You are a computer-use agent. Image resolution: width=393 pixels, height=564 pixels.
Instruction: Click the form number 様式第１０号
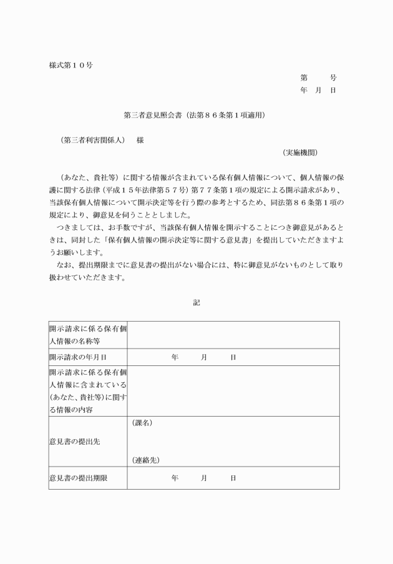coord(71,65)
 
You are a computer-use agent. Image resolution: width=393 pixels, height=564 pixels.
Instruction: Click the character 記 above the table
coord(196,303)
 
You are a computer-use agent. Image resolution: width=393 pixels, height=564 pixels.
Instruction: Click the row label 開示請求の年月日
coord(78,357)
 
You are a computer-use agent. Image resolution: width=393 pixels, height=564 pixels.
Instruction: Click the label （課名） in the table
coord(143,423)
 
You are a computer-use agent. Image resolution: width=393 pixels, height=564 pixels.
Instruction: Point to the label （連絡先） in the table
coord(146,460)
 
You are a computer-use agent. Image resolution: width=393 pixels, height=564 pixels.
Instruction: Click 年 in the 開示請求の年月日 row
coord(175,357)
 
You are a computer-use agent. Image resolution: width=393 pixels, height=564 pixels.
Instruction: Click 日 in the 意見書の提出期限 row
coord(233,478)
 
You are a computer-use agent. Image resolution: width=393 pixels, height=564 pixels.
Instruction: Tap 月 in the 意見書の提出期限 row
coord(204,478)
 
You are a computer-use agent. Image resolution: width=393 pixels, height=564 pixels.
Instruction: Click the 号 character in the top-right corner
coord(333,78)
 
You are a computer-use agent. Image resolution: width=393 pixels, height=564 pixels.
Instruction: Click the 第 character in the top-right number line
coord(304,78)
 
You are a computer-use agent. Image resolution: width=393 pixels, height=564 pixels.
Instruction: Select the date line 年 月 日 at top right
coord(318,91)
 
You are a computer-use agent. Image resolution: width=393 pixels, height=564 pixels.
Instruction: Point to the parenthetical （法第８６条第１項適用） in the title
coord(226,116)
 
